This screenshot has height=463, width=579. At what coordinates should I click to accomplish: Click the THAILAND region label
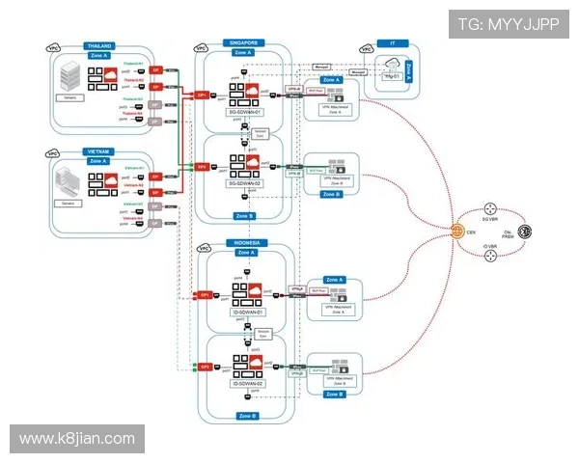pyautogui.click(x=99, y=45)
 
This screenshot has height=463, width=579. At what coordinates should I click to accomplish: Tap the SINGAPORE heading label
pyautogui.click(x=245, y=42)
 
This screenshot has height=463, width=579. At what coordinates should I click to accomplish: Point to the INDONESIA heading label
pyautogui.click(x=246, y=242)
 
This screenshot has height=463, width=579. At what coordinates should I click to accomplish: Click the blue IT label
pyautogui.click(x=393, y=43)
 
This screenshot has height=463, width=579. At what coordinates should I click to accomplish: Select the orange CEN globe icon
pyautogui.click(x=457, y=231)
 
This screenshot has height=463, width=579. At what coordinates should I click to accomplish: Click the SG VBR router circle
pyautogui.click(x=490, y=211)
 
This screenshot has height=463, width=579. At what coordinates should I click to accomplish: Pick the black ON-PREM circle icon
pyautogui.click(x=526, y=231)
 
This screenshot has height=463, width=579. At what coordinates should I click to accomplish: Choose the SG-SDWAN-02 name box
pyautogui.click(x=246, y=183)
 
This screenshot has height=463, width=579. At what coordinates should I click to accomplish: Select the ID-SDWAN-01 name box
pyautogui.click(x=247, y=313)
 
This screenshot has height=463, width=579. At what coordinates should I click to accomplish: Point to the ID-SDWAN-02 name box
pyautogui.click(x=247, y=384)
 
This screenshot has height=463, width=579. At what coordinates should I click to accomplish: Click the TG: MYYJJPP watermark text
pyautogui.click(x=508, y=24)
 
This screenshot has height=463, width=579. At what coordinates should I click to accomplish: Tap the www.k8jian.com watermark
pyautogui.click(x=77, y=439)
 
